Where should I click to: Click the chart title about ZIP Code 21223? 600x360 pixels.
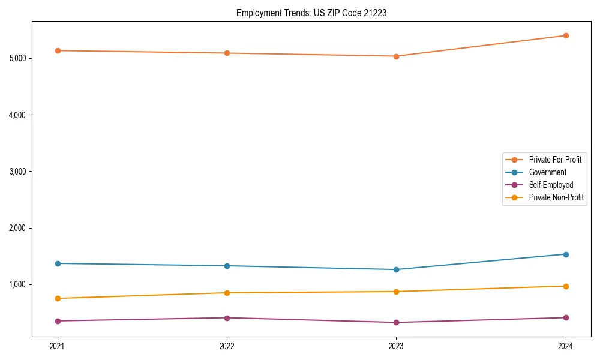[311, 13]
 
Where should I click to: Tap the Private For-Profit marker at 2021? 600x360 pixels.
[58, 50]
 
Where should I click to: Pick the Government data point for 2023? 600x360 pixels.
[396, 269]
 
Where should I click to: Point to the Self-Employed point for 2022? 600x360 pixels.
[227, 318]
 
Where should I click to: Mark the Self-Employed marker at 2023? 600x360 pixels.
[396, 322]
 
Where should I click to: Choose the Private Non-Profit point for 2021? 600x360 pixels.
[58, 298]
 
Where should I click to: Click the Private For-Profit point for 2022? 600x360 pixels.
[227, 53]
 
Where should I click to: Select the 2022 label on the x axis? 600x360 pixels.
[227, 346]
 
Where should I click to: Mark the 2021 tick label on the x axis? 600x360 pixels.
[58, 346]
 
